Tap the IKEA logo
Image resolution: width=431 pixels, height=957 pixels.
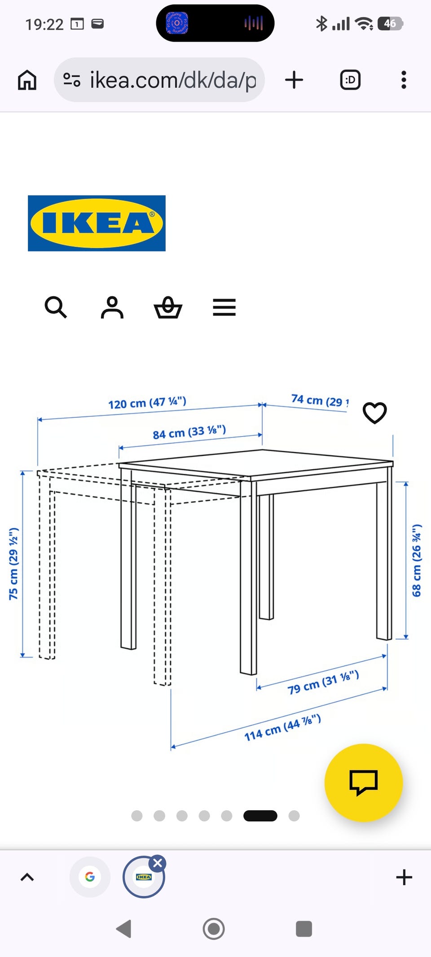tap(97, 223)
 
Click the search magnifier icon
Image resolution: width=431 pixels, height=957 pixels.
tap(56, 307)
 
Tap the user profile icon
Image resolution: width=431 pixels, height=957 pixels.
tap(112, 307)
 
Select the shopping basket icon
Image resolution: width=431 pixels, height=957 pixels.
tap(168, 308)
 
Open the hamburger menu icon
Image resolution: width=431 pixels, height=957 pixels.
tap(224, 307)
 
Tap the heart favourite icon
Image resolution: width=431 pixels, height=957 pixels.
tap(374, 412)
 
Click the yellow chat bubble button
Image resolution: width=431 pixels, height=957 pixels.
tap(363, 782)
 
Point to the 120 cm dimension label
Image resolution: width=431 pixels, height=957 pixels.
tap(147, 402)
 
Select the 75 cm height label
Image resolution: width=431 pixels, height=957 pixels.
tap(14, 564)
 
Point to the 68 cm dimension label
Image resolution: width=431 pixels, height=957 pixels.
tap(417, 560)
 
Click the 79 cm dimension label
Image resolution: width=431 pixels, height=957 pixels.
tap(323, 682)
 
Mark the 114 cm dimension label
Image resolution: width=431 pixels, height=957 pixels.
tap(282, 727)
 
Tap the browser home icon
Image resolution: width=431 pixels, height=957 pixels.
tap(27, 80)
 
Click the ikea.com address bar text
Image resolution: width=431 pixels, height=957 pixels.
tap(173, 80)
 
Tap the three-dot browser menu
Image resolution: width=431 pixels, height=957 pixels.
tap(404, 80)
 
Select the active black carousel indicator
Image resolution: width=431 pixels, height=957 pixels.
tap(260, 816)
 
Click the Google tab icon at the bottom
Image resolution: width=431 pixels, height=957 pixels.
tap(90, 877)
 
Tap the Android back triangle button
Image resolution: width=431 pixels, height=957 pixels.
tap(124, 928)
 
